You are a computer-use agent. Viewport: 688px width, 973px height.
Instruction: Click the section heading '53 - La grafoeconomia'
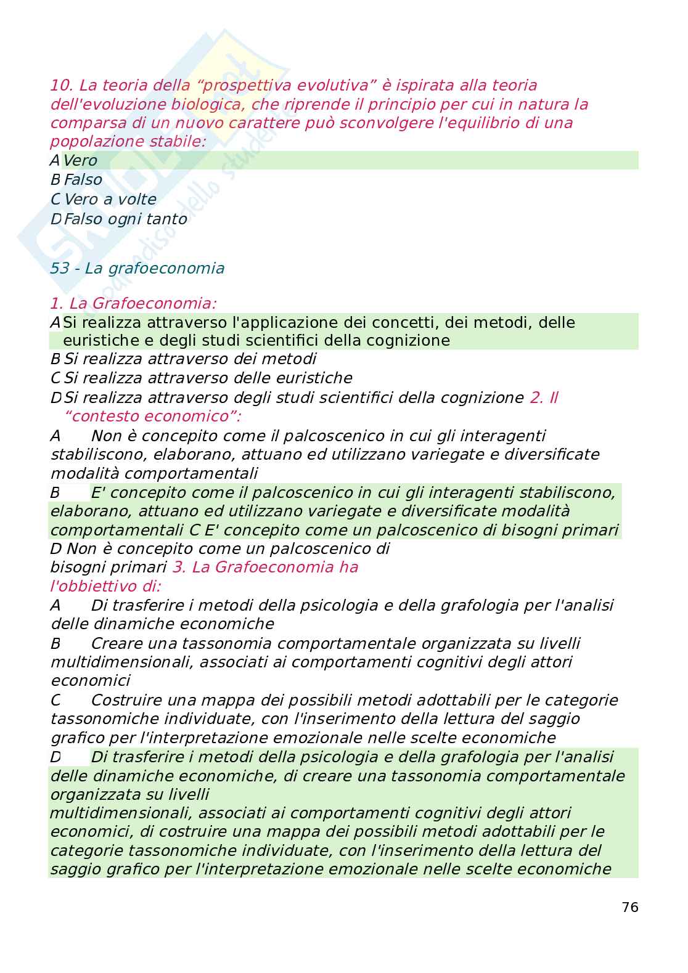[137, 269]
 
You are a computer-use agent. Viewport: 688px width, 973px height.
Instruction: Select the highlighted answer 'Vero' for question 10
[80, 161]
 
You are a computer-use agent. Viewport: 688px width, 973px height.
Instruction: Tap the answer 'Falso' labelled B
[83, 180]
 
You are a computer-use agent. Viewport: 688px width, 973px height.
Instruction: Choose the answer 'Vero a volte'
[110, 200]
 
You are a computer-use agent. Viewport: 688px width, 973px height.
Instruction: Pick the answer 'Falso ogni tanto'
[125, 219]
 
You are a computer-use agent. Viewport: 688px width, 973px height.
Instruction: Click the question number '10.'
[62, 85]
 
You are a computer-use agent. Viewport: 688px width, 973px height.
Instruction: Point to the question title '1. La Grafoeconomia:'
[133, 304]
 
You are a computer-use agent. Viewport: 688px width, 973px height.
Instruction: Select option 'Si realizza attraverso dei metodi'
[190, 359]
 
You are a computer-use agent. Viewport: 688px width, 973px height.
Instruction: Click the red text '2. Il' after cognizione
[544, 397]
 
